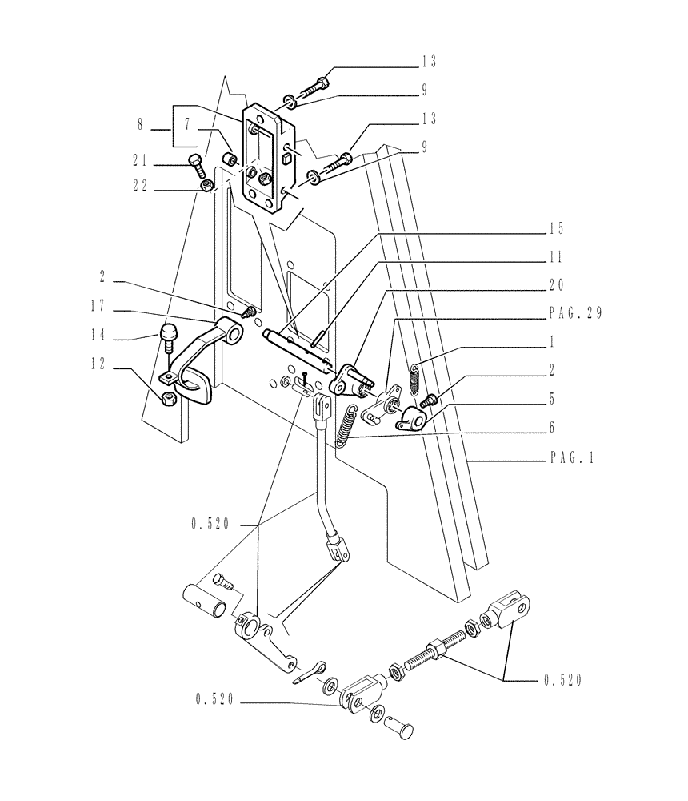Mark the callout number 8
(140, 125)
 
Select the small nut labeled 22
(207, 187)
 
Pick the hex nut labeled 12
(170, 398)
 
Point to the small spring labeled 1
(414, 377)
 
